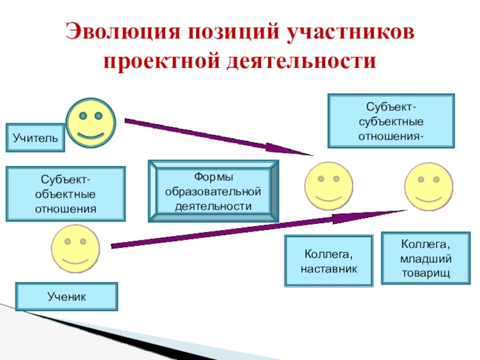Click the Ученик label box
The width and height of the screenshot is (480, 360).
pos(67,296)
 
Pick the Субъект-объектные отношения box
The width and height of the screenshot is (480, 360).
pos(66,194)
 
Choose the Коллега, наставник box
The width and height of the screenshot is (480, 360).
pos(328,260)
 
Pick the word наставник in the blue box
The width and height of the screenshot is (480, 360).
pos(328,269)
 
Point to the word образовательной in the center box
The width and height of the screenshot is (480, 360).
pos(214,191)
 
